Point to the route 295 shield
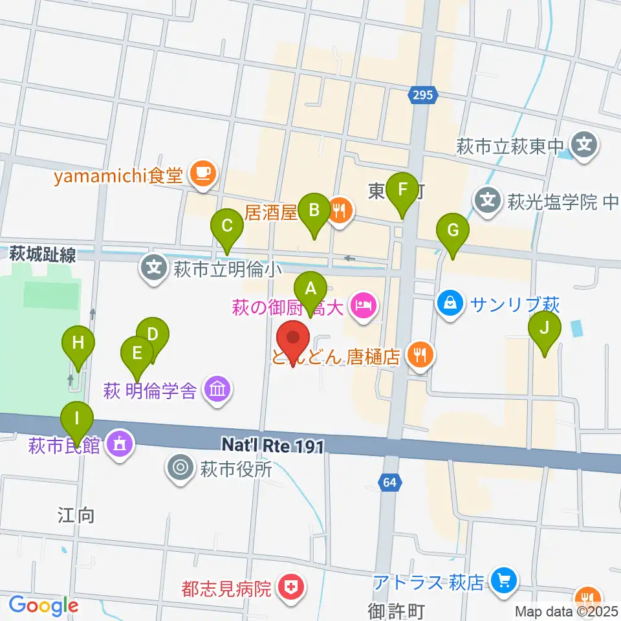pyautogui.click(x=424, y=96)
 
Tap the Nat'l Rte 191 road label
pyautogui.click(x=271, y=444)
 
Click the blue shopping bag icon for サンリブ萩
pyautogui.click(x=452, y=303)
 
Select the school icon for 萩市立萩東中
pyautogui.click(x=585, y=144)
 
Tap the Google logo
pyautogui.click(x=43, y=606)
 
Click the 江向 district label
pyautogui.click(x=77, y=516)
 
